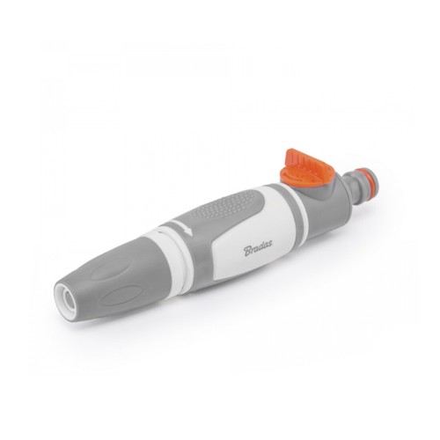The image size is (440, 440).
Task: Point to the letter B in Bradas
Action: [x=248, y=252]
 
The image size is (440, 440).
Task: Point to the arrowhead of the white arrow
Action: [x=188, y=231]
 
